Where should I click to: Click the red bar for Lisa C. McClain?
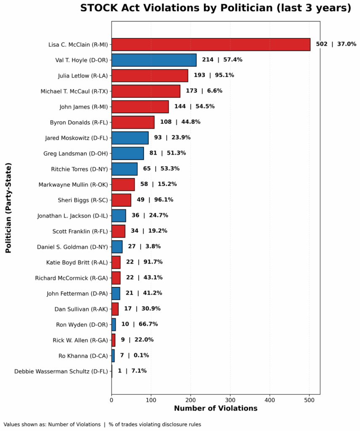pos(211,44)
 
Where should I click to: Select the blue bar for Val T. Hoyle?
pos(154,60)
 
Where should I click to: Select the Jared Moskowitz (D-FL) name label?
pos(76,138)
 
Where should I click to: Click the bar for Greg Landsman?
pos(128,153)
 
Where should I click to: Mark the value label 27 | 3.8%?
pos(144,247)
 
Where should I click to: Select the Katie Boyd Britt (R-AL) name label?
pos(77,262)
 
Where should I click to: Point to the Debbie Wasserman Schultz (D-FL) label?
pos(61,371)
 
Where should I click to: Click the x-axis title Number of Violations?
pos(216,408)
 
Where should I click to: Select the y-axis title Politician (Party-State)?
pos(8,208)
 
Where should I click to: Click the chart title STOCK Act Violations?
pos(216,8)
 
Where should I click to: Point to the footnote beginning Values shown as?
pos(102,424)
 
